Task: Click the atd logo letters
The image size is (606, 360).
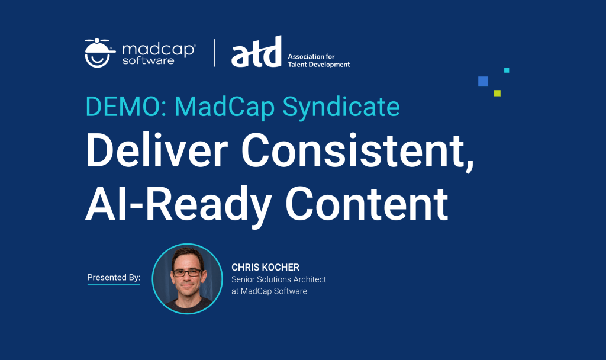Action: tap(256, 53)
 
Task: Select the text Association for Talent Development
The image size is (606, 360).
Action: tap(318, 60)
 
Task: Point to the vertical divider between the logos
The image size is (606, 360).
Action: tap(214, 53)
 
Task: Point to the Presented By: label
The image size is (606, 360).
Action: tap(114, 277)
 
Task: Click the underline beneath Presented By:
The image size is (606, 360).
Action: tap(114, 285)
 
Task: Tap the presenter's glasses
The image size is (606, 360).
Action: tap(187, 273)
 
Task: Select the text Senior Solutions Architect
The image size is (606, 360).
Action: tap(279, 279)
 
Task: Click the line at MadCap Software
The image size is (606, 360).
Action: tap(269, 291)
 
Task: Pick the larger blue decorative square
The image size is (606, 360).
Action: tap(483, 82)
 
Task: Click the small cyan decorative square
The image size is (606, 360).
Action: tap(507, 70)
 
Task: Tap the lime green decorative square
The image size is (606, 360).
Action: tap(497, 93)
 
